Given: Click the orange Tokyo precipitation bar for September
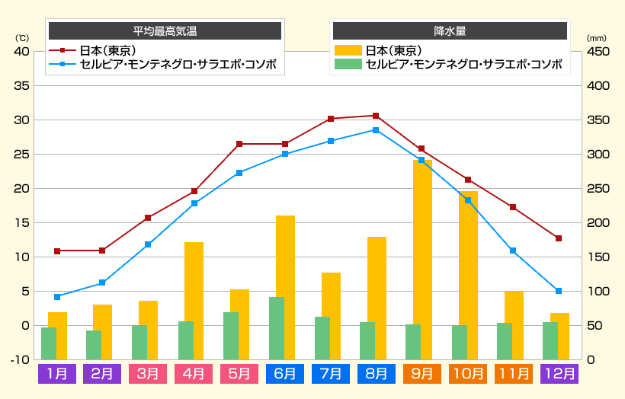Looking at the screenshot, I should point(423,259).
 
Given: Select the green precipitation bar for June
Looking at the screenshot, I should point(277,328).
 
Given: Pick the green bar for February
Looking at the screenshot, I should point(94,345).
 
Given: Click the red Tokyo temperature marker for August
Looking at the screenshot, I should point(376,116).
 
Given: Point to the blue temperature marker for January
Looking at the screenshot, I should point(57,297).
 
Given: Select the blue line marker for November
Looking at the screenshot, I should point(513,251).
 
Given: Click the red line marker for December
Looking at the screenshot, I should point(559,238).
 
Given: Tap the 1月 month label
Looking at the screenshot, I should point(57,374).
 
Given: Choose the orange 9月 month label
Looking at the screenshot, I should point(422,374).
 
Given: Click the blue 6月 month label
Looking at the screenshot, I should point(285,374).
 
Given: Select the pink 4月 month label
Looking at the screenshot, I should point(194,374).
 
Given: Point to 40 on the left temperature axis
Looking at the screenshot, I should point(21,52).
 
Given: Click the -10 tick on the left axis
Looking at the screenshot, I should point(20,359).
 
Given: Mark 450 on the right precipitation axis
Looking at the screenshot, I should point(598,52).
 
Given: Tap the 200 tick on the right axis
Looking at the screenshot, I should point(598,223).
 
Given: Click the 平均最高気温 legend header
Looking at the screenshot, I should point(165,31).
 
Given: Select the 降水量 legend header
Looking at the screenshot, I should point(450,31).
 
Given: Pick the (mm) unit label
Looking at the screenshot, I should point(596,38).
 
